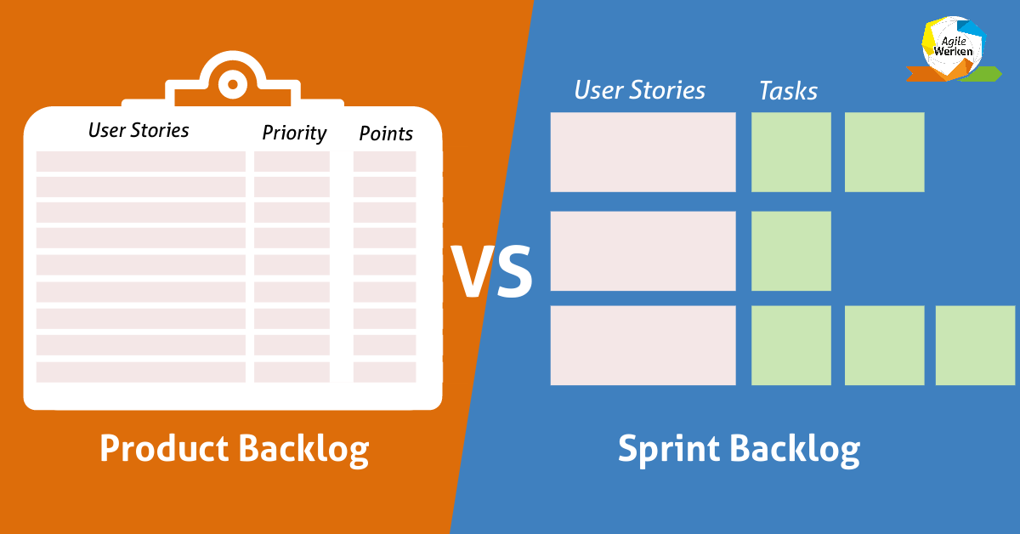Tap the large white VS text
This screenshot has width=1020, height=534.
491,271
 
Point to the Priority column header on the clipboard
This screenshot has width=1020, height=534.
294,133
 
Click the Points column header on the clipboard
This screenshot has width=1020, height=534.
386,133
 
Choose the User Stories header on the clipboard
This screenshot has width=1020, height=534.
139,130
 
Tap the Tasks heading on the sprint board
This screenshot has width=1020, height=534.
788,91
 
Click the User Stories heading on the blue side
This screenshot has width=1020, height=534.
639,90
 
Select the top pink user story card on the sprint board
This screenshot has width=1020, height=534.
643,152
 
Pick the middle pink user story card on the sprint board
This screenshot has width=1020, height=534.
643,251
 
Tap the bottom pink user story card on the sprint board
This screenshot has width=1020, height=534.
643,345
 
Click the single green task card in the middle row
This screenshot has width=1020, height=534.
790,251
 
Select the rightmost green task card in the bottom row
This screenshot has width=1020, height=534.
975,345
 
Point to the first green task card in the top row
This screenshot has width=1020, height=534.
790,152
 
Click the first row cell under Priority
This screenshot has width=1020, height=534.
292,162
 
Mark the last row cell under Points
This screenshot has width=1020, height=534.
384,372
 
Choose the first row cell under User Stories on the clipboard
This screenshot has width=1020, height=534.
140,162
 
